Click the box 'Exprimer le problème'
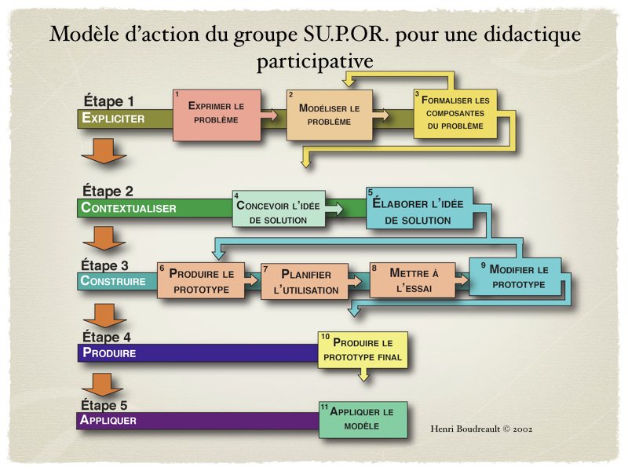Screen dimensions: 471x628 point(216,114)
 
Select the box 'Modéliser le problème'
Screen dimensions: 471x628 point(329,114)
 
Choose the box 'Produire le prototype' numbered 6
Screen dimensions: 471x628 point(201,281)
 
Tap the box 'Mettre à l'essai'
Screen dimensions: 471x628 point(412,280)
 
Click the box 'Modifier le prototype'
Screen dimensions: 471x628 point(516,276)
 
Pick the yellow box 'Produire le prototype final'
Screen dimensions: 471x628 point(363,350)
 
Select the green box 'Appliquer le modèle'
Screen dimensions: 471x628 point(362,418)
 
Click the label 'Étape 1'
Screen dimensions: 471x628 point(108,101)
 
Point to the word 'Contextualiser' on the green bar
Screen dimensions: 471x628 point(129,209)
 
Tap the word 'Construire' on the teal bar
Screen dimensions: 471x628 point(114,281)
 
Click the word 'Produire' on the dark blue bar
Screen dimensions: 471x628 point(109,352)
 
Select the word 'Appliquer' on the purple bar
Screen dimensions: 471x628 point(108,420)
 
